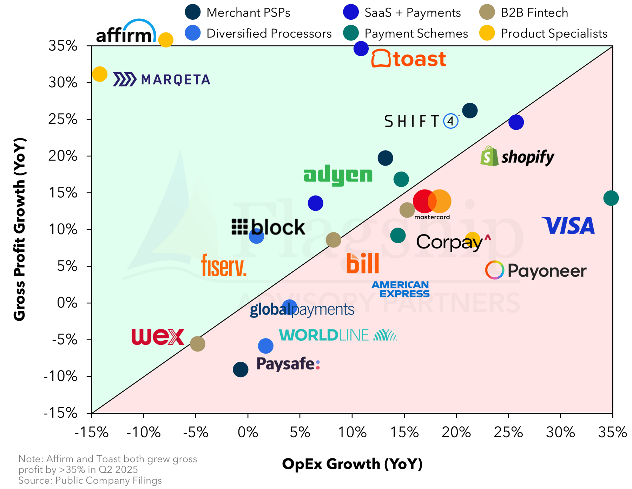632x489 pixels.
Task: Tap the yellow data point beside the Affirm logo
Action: click(x=166, y=40)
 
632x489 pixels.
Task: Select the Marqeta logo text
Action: click(x=162, y=80)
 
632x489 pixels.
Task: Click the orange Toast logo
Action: click(x=409, y=59)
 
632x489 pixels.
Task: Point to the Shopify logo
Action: click(x=517, y=157)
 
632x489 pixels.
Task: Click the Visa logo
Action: click(x=568, y=226)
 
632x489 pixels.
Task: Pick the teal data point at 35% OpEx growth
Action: click(x=611, y=198)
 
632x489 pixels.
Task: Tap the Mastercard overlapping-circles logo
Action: click(x=432, y=202)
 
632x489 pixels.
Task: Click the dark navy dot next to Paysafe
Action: click(x=241, y=369)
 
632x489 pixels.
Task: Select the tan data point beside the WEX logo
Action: click(x=198, y=344)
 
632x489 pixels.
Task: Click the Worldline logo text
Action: click(x=337, y=335)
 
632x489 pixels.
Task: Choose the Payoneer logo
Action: click(x=536, y=271)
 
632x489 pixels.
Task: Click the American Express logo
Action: click(x=400, y=289)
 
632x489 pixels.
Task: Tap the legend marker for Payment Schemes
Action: click(x=351, y=33)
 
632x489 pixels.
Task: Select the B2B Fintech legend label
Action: click(x=534, y=13)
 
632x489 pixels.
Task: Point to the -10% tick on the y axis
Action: click(x=60, y=377)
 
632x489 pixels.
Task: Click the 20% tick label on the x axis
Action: click(x=456, y=432)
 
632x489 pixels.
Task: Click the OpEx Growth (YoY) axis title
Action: click(x=352, y=464)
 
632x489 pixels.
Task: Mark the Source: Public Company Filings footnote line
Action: click(x=90, y=481)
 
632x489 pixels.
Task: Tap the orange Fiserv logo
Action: click(x=224, y=265)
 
